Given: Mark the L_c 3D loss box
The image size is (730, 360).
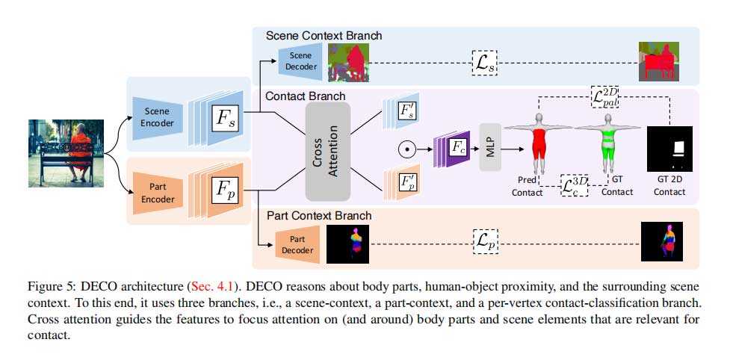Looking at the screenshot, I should pos(574,185).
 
